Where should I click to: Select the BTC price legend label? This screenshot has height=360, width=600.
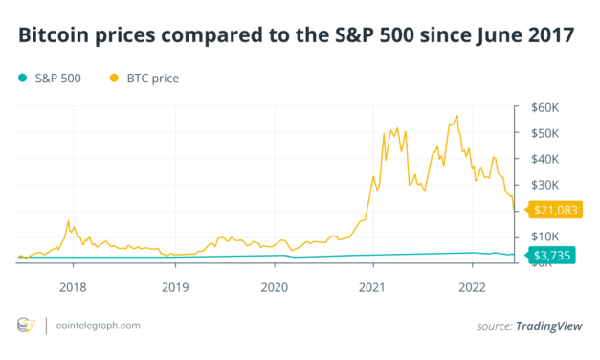point(152,77)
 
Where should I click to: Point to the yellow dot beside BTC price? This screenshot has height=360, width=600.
point(116,77)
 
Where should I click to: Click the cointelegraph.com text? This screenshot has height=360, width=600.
point(98,326)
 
